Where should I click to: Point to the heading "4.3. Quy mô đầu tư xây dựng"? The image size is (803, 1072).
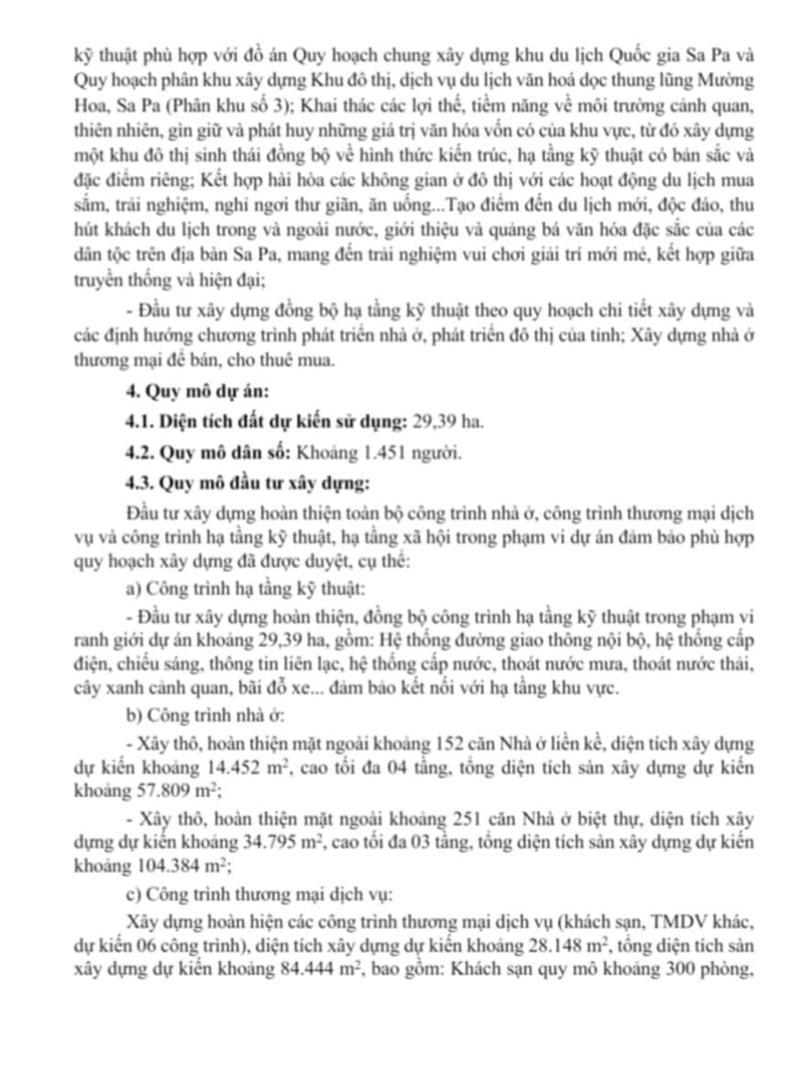tap(248, 481)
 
